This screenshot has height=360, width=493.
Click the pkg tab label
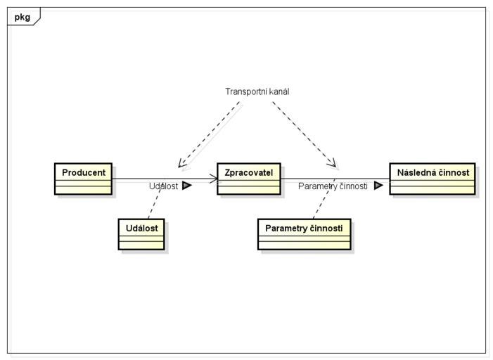point(23,17)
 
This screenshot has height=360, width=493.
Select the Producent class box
point(83,179)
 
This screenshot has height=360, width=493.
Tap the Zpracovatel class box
point(249,179)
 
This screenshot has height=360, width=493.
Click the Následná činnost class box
point(433,179)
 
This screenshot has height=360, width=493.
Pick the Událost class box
point(141,234)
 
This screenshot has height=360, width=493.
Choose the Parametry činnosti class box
point(304,234)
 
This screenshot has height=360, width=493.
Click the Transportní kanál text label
point(257,91)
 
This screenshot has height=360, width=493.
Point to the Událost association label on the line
point(163,186)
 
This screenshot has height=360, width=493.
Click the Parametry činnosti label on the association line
point(333,186)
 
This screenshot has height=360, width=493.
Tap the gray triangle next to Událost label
point(187,186)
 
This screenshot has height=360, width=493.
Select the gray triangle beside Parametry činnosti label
point(378,186)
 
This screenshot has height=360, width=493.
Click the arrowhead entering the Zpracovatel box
point(214,179)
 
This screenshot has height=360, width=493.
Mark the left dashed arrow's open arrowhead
point(181,164)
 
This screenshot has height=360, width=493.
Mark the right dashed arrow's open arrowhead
point(332,163)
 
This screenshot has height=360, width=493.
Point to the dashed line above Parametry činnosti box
point(324,199)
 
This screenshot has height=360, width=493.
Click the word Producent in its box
point(84,172)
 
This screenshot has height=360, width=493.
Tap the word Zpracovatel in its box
point(249,172)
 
